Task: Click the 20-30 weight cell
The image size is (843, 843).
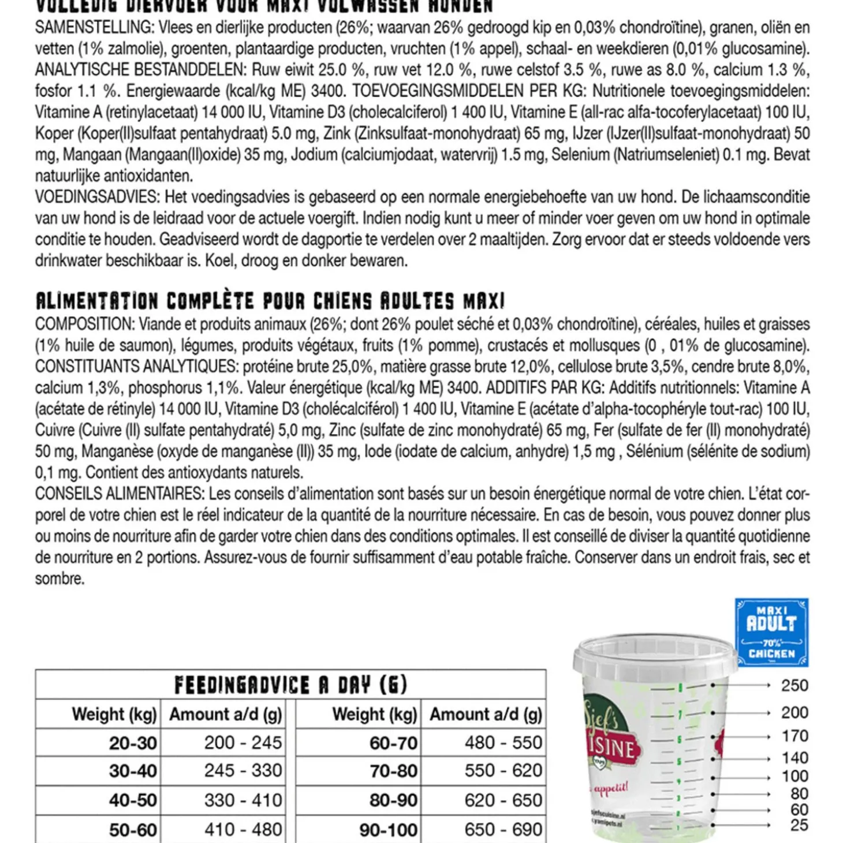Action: coord(133,743)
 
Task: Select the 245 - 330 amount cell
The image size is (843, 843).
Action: coord(243,771)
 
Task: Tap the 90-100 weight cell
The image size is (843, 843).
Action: coord(388,830)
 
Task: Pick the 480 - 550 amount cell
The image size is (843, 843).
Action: coord(503,743)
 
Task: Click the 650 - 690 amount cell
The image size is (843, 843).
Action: coord(503,830)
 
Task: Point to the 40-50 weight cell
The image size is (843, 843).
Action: coord(133,800)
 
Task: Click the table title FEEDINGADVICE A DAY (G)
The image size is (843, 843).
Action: coord(290,685)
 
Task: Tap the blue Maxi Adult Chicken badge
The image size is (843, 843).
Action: coord(771,632)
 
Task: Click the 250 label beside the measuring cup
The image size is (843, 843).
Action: coord(794,685)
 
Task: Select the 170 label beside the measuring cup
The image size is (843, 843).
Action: coord(794,736)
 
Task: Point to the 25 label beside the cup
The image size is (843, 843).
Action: coord(799,825)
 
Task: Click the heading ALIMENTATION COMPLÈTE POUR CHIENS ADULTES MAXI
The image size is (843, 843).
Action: coord(270,301)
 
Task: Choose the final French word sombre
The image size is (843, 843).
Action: coord(59,579)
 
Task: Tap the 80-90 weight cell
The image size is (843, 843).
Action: coord(393,800)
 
